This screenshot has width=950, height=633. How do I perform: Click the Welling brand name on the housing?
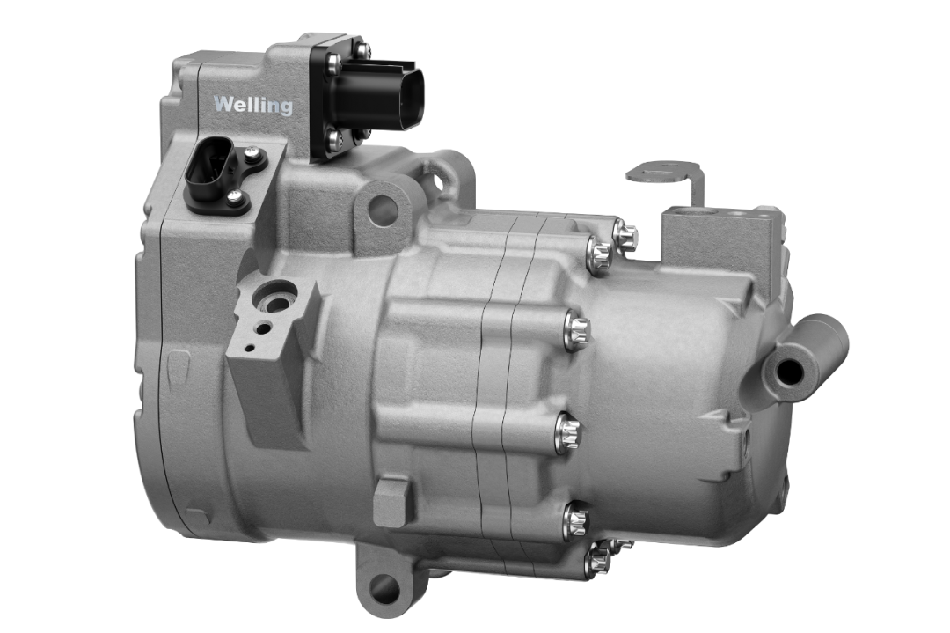point(252,106)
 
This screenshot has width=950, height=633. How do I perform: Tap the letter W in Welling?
point(223,104)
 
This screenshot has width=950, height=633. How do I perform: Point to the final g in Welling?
point(285,108)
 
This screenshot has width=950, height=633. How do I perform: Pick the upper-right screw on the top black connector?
point(361,50)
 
